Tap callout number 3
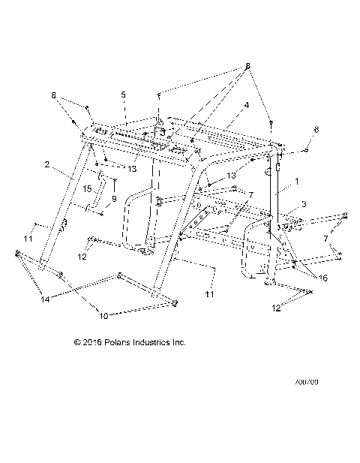click(x=304, y=204)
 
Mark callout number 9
click(x=114, y=199)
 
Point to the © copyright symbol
click(x=77, y=343)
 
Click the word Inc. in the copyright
click(x=178, y=343)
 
